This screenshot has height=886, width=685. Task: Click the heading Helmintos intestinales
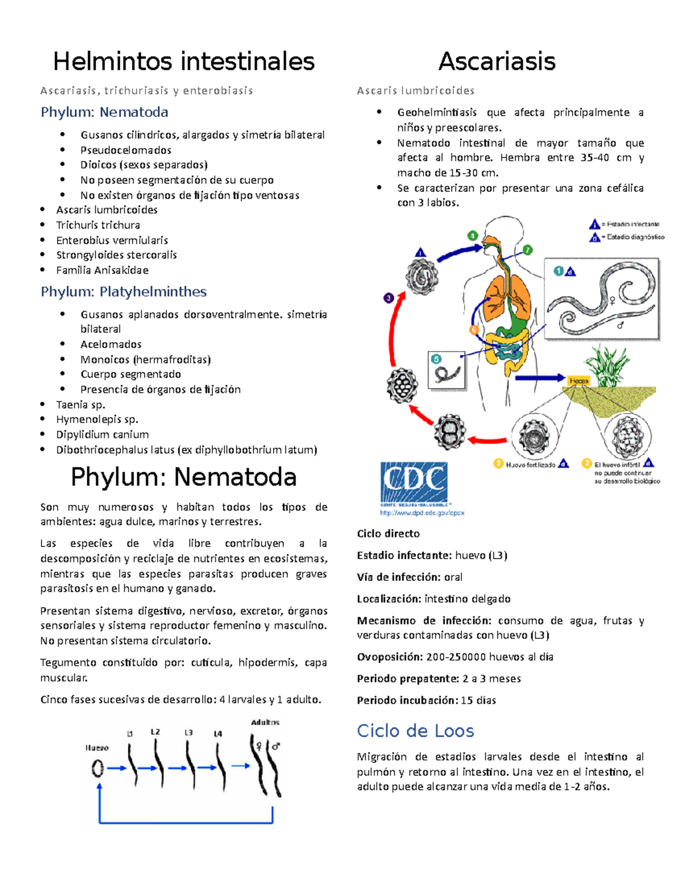pyautogui.click(x=183, y=62)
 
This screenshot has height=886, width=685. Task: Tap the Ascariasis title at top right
pyautogui.click(x=497, y=62)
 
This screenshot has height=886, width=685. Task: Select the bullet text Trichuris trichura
pyautogui.click(x=98, y=225)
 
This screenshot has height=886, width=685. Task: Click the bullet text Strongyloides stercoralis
pyautogui.click(x=116, y=255)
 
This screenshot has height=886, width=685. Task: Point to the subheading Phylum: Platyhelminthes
pyautogui.click(x=123, y=292)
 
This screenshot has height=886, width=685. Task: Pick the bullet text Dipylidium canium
pyautogui.click(x=102, y=435)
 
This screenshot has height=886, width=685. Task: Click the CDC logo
pyautogui.click(x=414, y=482)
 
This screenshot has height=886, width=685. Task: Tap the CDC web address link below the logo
pyautogui.click(x=422, y=513)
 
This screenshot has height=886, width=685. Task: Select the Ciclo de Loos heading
pyautogui.click(x=415, y=731)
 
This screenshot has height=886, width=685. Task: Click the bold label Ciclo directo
pyautogui.click(x=388, y=534)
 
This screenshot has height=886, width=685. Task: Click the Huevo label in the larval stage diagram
pyautogui.click(x=96, y=748)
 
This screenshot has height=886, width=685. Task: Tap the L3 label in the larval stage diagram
pyautogui.click(x=188, y=733)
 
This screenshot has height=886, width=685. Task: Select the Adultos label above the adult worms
pyautogui.click(x=265, y=722)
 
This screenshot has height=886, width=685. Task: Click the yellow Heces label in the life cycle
pyautogui.click(x=578, y=381)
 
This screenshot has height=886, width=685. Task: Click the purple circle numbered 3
pyautogui.click(x=389, y=298)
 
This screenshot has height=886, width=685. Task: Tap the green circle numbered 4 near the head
pyautogui.click(x=473, y=236)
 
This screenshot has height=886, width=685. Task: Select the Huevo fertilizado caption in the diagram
pyautogui.click(x=530, y=465)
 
